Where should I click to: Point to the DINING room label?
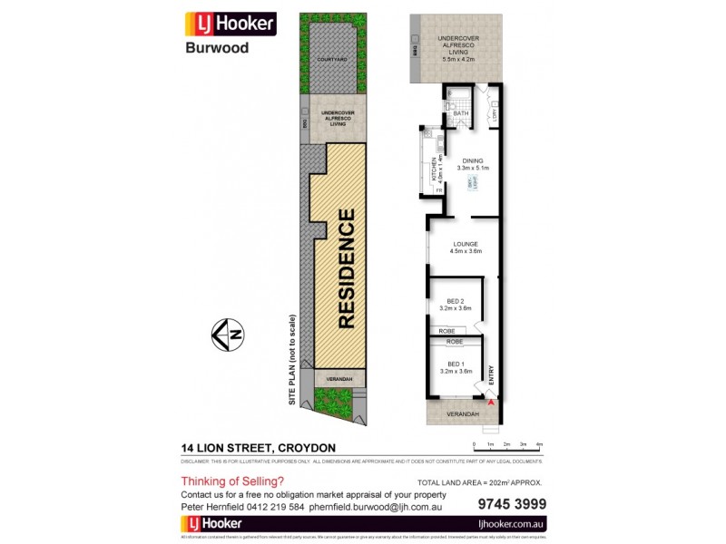pos(472,162)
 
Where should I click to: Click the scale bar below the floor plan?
pos(506,443)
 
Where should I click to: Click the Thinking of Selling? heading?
pos(232,481)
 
